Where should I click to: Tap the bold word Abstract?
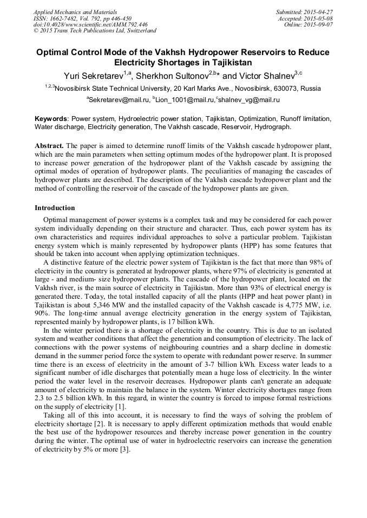[x=49, y=146]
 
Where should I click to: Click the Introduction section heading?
[x=55, y=208]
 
